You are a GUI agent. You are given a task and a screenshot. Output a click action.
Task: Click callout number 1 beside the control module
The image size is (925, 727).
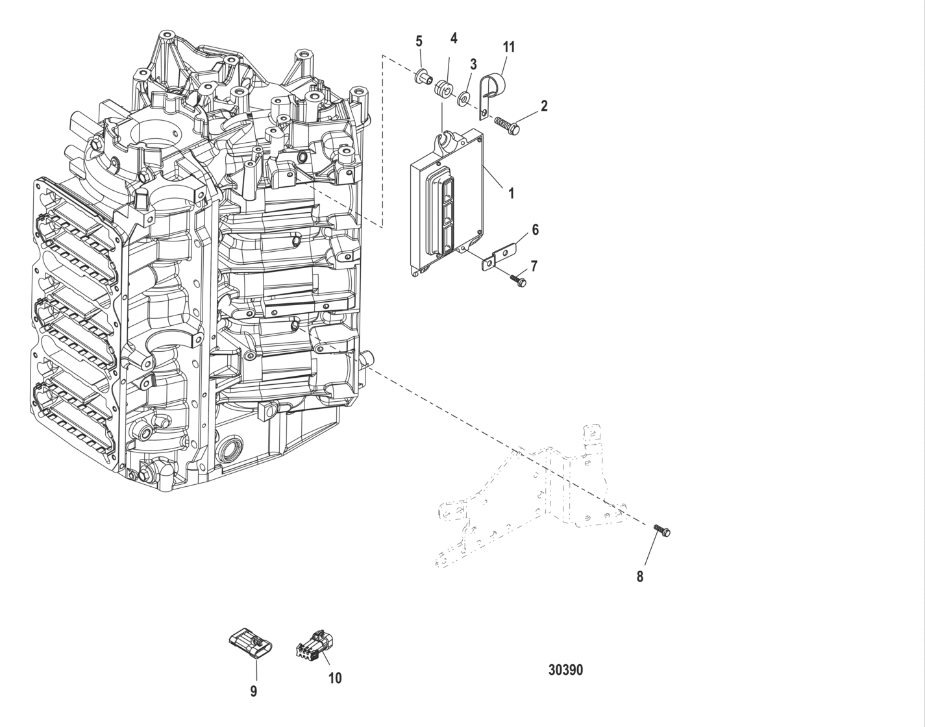(x=511, y=193)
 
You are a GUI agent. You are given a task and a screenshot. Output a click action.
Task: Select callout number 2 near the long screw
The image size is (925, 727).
(x=544, y=106)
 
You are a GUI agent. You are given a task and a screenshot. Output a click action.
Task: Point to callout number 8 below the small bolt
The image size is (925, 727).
(x=639, y=576)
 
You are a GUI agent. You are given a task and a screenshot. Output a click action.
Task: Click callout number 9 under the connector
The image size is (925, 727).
(x=254, y=691)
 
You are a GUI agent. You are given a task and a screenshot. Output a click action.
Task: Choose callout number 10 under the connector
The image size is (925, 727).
(x=334, y=678)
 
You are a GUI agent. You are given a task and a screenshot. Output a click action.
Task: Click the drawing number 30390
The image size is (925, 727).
(x=565, y=670)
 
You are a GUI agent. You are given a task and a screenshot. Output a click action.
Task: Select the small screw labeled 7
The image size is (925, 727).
(x=518, y=280)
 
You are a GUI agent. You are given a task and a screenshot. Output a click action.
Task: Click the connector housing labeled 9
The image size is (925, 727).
(x=251, y=643)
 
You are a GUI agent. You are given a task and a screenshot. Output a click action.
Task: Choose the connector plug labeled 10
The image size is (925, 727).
(x=315, y=645)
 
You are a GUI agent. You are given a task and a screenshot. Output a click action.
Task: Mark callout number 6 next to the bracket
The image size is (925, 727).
(x=535, y=230)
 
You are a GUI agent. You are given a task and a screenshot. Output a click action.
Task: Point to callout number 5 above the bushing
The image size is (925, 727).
(x=419, y=41)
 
